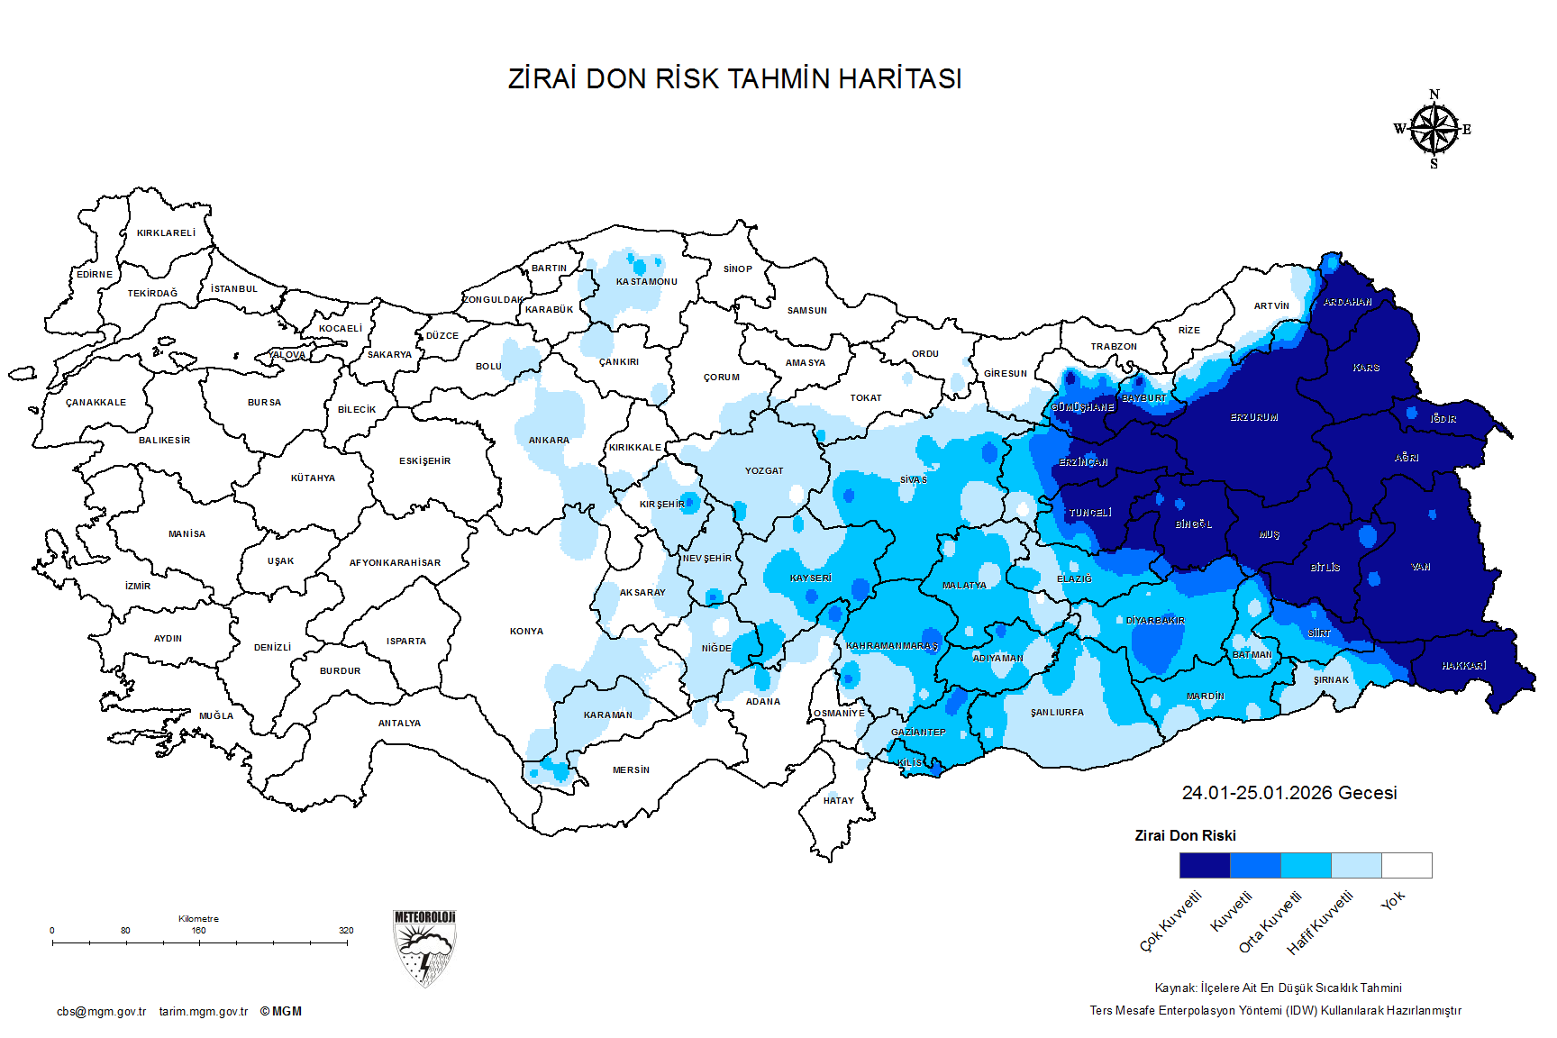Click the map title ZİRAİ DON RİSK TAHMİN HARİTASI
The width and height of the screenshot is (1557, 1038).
point(734,79)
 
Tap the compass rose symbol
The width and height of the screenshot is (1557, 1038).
point(1434,130)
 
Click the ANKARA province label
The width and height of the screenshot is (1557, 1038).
point(549,441)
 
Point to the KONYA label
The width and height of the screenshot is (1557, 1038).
point(526,632)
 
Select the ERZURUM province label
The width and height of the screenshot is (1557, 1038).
point(1253,418)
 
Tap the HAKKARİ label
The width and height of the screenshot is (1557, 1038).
point(1463,666)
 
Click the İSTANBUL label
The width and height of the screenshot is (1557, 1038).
point(234,289)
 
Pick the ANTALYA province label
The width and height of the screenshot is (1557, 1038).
point(399,724)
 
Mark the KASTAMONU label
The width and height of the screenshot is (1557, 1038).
point(646,282)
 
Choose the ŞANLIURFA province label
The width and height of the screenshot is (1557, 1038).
point(1057,713)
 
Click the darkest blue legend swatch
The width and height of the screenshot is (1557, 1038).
point(1204,866)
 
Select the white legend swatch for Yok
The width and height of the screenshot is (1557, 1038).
point(1407,866)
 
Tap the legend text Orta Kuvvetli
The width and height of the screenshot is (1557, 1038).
point(1270,922)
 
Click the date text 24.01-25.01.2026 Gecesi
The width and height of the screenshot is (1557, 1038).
point(1288,793)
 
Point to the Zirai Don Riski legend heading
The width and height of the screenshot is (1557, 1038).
point(1185,836)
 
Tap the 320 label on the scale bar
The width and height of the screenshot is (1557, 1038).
point(346,931)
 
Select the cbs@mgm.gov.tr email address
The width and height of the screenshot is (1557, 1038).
point(101,1012)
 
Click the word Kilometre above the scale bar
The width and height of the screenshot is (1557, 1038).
point(198,919)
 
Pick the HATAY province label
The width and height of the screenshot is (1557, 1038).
point(838,801)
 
